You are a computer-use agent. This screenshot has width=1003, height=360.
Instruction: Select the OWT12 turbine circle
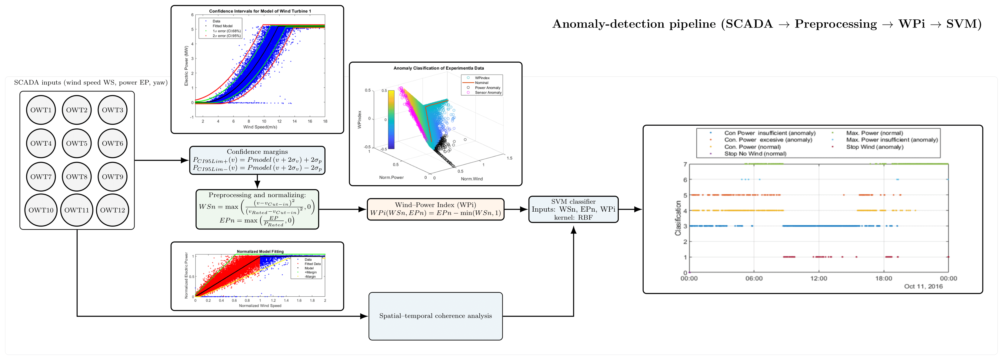[112, 210]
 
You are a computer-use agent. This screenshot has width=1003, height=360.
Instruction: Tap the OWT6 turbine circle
[112, 143]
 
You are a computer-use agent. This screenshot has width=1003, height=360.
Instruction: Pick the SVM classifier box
[573, 210]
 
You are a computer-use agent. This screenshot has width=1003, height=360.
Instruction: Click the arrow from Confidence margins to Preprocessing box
[257, 182]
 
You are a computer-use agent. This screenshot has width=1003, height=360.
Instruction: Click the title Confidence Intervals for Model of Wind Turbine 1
[260, 11]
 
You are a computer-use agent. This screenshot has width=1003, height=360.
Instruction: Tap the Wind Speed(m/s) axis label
[260, 127]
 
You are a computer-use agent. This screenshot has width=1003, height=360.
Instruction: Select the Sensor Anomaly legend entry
[488, 93]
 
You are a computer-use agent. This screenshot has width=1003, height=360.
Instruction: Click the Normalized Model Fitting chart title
[260, 251]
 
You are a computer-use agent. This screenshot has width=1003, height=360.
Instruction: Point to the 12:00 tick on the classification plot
[818, 278]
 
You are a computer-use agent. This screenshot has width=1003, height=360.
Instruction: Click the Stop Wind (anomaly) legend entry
[875, 147]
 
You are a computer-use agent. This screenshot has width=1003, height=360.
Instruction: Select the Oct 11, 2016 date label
[923, 286]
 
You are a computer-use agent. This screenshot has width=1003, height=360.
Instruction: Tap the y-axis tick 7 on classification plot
[685, 164]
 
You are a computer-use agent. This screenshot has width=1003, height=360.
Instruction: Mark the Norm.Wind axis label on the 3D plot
[472, 179]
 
